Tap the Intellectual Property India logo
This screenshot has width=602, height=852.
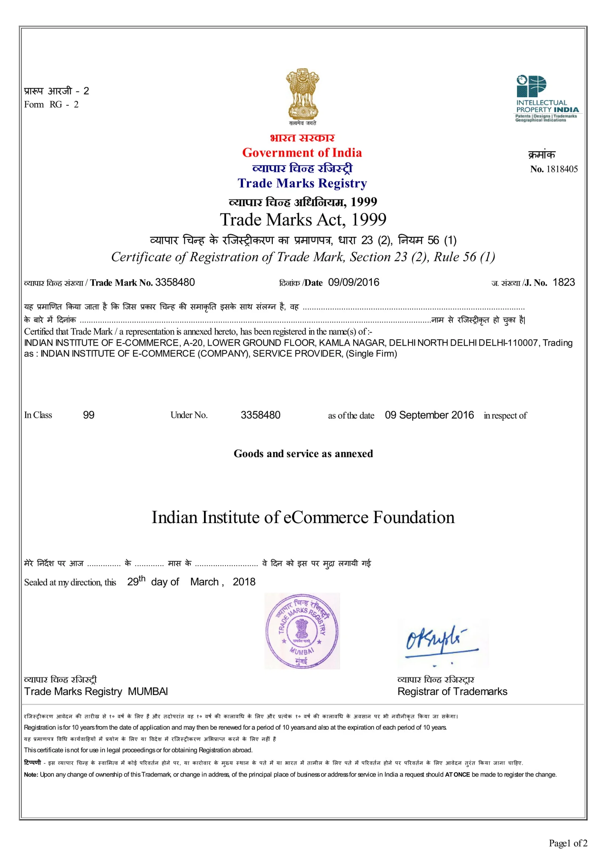(547, 99)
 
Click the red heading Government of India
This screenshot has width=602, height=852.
(302, 152)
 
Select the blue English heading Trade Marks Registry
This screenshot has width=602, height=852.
(302, 183)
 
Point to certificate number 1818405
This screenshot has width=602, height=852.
(561, 169)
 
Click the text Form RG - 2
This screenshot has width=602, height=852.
(51, 105)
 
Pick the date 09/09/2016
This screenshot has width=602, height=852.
(353, 282)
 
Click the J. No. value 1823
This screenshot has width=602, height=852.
(563, 282)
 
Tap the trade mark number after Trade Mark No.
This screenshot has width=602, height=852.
(175, 282)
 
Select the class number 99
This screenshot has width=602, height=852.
(88, 415)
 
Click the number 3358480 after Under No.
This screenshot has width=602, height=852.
(260, 415)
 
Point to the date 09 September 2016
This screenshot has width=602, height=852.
(429, 415)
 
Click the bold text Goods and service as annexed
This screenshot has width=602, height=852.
(303, 453)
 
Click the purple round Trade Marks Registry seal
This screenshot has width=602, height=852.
(302, 631)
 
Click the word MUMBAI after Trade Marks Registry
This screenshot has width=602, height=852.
(147, 691)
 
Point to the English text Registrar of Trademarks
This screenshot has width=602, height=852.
(452, 691)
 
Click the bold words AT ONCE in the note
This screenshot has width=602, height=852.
(457, 774)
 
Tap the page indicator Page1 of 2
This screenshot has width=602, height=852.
(567, 843)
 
